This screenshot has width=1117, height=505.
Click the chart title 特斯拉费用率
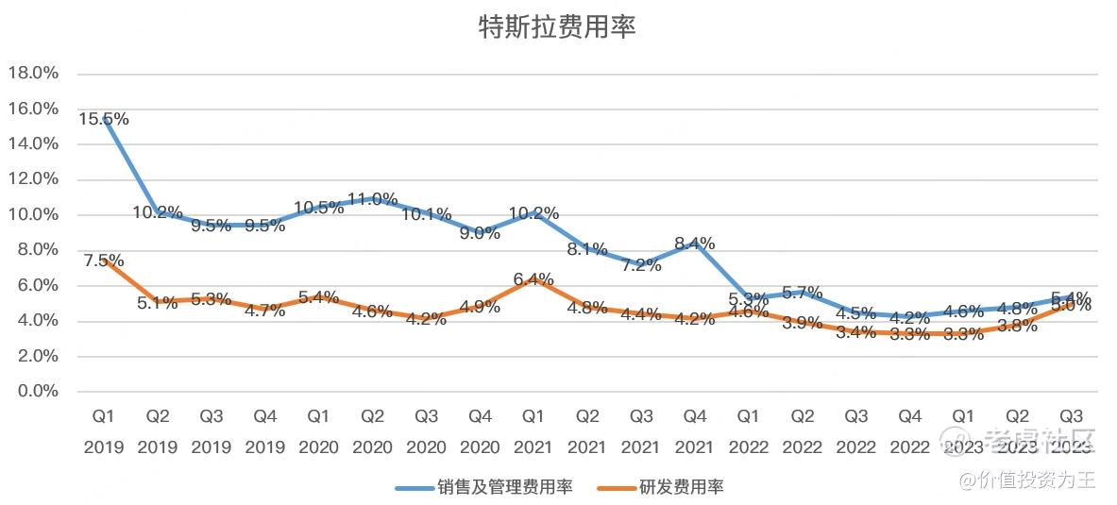coord(557,27)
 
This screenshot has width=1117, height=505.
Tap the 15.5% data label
coord(104,120)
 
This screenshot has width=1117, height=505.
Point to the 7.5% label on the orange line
coord(104,261)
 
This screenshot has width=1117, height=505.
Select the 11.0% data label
coord(373,199)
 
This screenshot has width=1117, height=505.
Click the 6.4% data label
coord(534,279)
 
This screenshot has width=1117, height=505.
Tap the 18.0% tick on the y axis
coord(34,74)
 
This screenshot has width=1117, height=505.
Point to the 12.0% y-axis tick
coord(34,179)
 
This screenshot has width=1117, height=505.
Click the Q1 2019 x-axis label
coord(104,431)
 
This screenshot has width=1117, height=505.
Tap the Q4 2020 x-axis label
coord(481,431)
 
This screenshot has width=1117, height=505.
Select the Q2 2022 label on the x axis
coord(804,431)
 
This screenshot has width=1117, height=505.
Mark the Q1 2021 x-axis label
coord(534,431)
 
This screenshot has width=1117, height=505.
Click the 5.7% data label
coord(804,293)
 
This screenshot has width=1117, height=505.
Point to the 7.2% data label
coord(642,265)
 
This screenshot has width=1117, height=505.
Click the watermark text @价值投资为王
coord(1028,480)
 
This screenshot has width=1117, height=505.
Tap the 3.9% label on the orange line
coord(804,323)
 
